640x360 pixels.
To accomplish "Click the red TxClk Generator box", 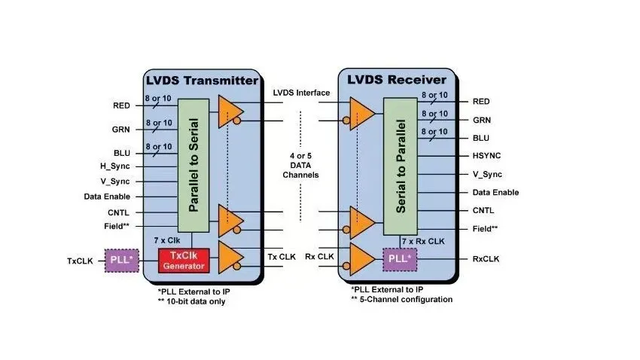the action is click(184, 261).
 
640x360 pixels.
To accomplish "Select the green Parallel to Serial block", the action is click(194, 165).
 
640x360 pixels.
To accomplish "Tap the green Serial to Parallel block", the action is click(401, 166).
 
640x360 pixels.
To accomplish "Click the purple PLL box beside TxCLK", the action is click(122, 261).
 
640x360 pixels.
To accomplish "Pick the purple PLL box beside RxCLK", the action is click(400, 259).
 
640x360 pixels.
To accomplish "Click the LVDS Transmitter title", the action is click(202, 81).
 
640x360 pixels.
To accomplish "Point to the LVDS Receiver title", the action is click(397, 80).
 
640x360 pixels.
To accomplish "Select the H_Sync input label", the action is click(115, 166).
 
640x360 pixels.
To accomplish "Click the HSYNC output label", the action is click(486, 155).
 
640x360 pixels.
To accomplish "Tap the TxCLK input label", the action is click(80, 261).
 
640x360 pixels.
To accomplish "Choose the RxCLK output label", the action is click(486, 259).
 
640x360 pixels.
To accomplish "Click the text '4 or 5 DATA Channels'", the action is click(301, 165).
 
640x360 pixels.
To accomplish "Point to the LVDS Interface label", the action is click(301, 93).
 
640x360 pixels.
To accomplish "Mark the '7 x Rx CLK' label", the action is click(423, 241).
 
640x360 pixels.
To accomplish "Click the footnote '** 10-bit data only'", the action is click(191, 302).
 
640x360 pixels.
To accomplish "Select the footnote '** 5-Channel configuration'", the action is click(401, 299).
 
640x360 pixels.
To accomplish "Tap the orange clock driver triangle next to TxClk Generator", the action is click(230, 257).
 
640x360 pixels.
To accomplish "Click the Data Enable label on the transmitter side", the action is click(107, 197).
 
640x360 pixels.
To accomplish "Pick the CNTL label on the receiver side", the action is click(483, 210).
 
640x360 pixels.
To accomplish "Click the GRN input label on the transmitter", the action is click(120, 130).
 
